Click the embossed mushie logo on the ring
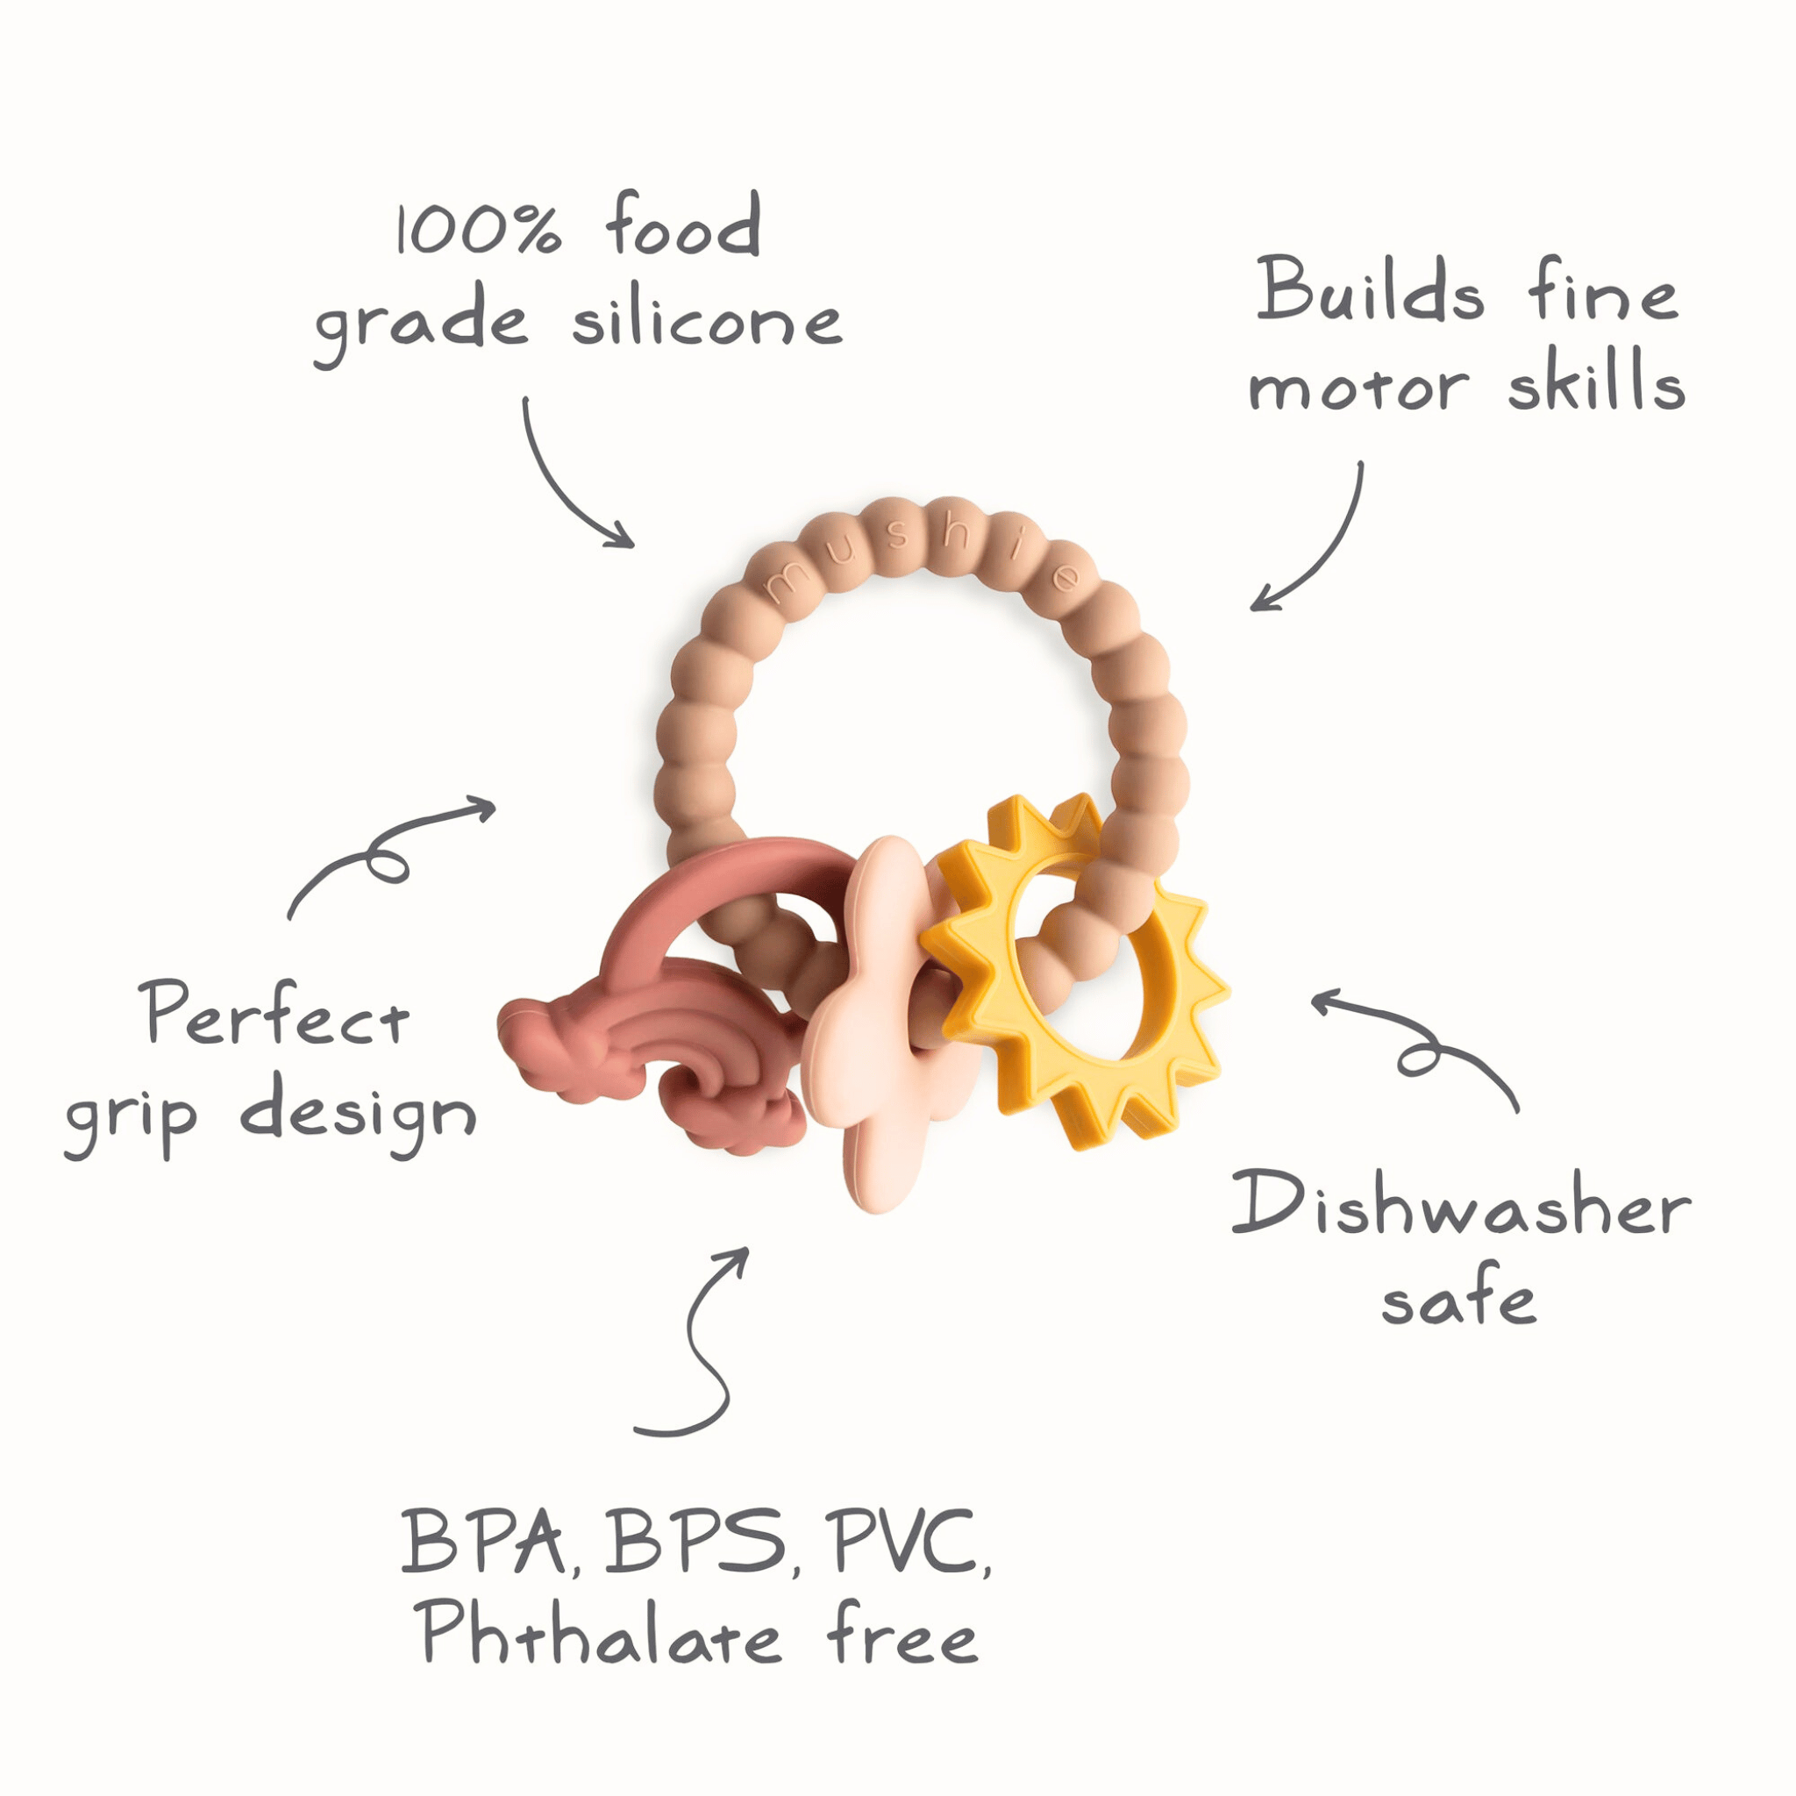click(920, 555)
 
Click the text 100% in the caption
click(479, 228)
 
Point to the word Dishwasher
click(1460, 1207)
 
